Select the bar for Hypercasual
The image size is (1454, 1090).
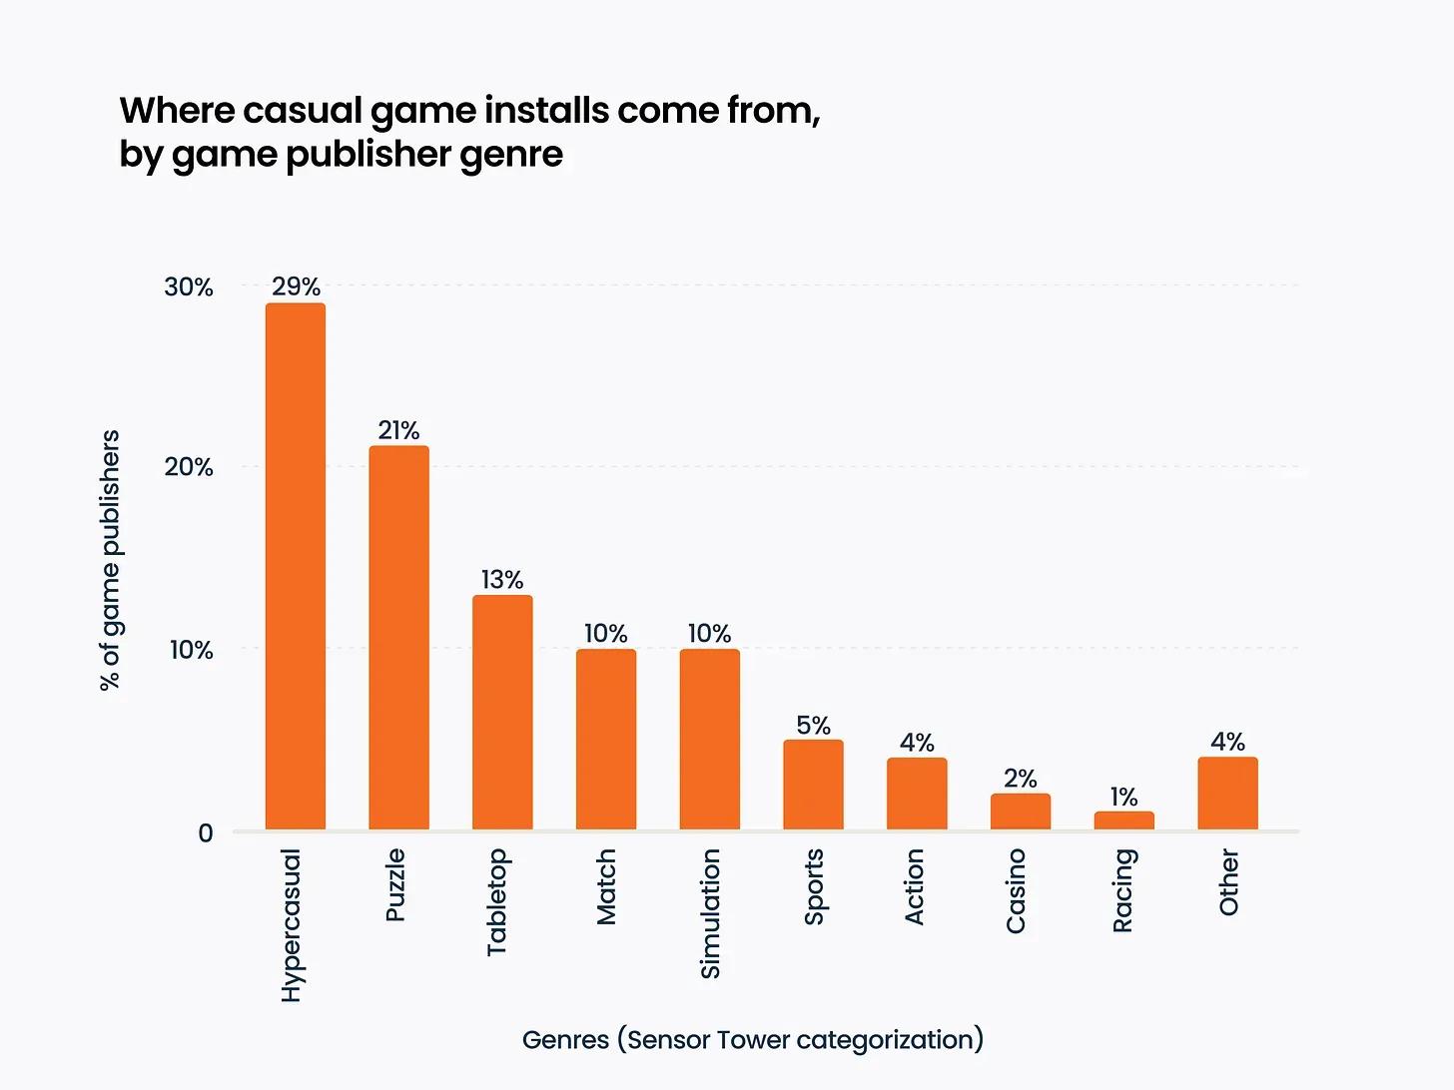coord(295,566)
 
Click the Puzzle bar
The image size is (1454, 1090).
coord(398,638)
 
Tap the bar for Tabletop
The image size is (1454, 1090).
coord(502,713)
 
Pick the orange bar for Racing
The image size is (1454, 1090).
coord(1123,820)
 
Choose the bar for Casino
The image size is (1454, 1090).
coord(1020,812)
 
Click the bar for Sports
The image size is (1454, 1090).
coord(813,785)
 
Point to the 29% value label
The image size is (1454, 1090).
coord(296,287)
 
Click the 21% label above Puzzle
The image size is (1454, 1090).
coord(398,430)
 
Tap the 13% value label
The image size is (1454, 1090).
coord(502,580)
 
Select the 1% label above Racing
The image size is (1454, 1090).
coord(1123,797)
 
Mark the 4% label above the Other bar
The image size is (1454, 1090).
coord(1227,742)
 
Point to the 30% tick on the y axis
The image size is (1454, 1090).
coord(189,287)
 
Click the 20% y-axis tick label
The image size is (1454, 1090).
coord(189,467)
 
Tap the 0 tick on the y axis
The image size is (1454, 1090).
coord(206,832)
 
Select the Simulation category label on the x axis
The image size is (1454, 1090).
coord(710,912)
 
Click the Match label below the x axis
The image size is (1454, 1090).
coord(606,886)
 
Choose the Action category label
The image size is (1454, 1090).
coord(914,886)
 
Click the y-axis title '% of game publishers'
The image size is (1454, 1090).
coord(110,560)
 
